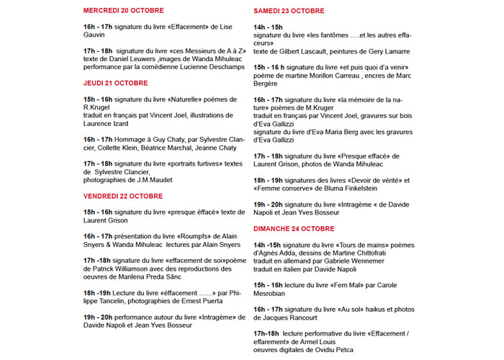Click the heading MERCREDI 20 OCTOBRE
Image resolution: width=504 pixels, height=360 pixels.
pos(123,11)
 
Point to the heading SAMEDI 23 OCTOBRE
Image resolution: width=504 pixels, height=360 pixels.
pos(289,11)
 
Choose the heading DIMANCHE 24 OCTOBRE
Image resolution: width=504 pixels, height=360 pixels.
pos(294,228)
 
